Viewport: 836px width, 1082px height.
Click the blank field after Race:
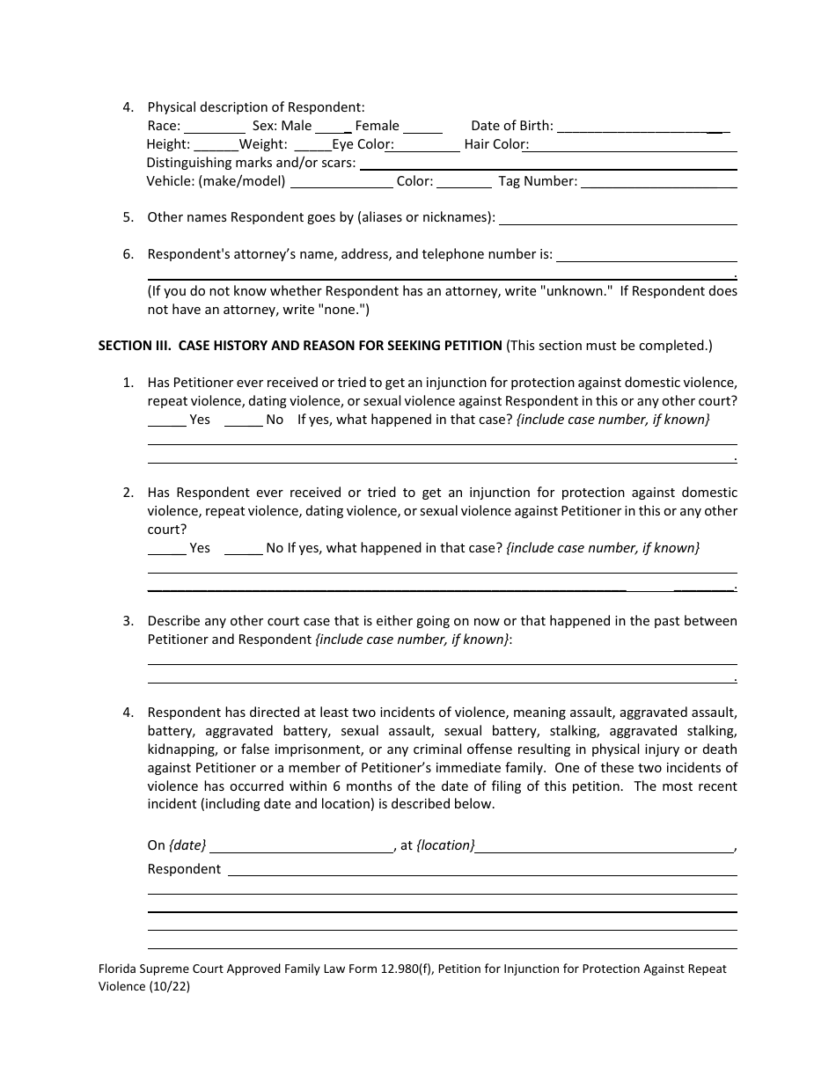[215, 128]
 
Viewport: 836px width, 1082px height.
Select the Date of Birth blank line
[643, 128]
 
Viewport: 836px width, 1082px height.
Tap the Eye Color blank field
[427, 146]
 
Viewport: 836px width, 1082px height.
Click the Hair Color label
[495, 144]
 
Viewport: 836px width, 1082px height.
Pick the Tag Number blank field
[659, 183]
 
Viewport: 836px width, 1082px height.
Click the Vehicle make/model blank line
[341, 183]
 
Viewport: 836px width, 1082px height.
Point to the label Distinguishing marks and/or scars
[252, 163]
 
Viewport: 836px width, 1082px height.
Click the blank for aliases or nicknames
[618, 219]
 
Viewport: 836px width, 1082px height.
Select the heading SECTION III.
[136, 346]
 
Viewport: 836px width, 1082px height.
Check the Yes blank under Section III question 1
[166, 421]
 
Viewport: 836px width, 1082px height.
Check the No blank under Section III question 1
[244, 421]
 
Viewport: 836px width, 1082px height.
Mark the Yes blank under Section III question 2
[166, 550]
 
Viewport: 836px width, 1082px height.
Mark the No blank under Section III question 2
[244, 550]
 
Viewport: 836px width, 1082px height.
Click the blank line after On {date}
[302, 847]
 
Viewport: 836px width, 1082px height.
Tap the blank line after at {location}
[605, 847]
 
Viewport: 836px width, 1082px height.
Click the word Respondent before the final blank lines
[184, 869]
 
